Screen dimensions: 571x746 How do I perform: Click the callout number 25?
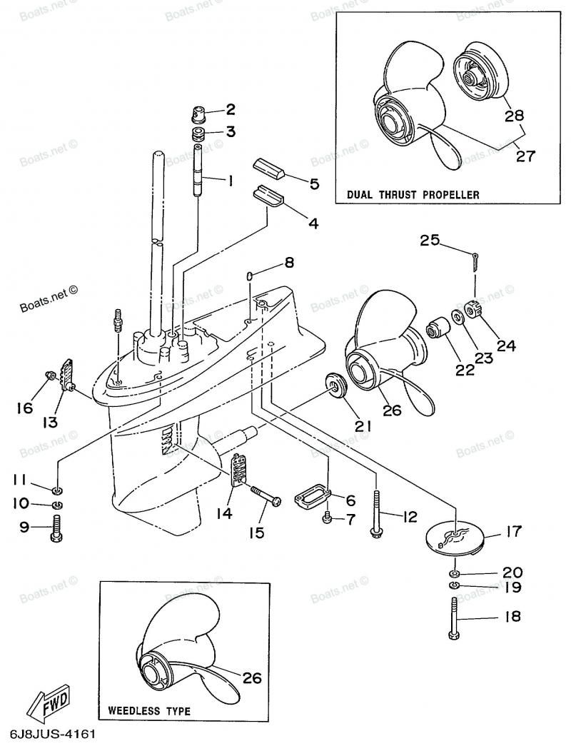pyautogui.click(x=430, y=241)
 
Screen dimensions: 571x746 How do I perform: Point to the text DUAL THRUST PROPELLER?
pyautogui.click(x=413, y=195)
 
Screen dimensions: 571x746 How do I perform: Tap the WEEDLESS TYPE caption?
pyautogui.click(x=149, y=711)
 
